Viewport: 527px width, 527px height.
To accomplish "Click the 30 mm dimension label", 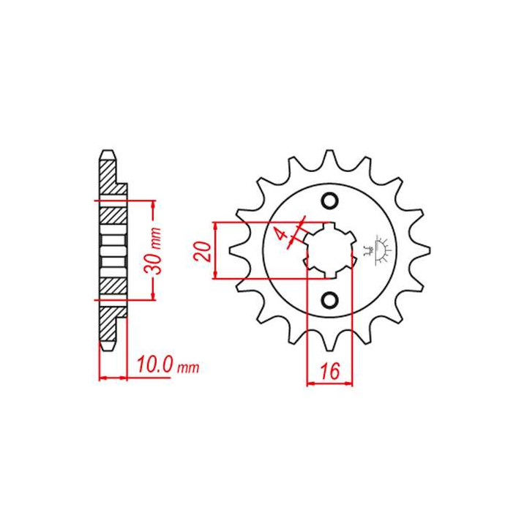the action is click(153, 250).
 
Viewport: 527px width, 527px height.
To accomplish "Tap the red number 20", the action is click(202, 251).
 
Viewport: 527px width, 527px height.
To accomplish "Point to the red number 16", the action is click(329, 371).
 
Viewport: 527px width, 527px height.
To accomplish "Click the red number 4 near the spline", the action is click(282, 233).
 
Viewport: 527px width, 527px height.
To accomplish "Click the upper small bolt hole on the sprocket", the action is click(329, 201).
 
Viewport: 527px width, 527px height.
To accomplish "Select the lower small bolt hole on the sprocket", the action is click(329, 300).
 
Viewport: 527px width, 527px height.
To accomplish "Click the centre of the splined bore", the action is click(329, 250).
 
